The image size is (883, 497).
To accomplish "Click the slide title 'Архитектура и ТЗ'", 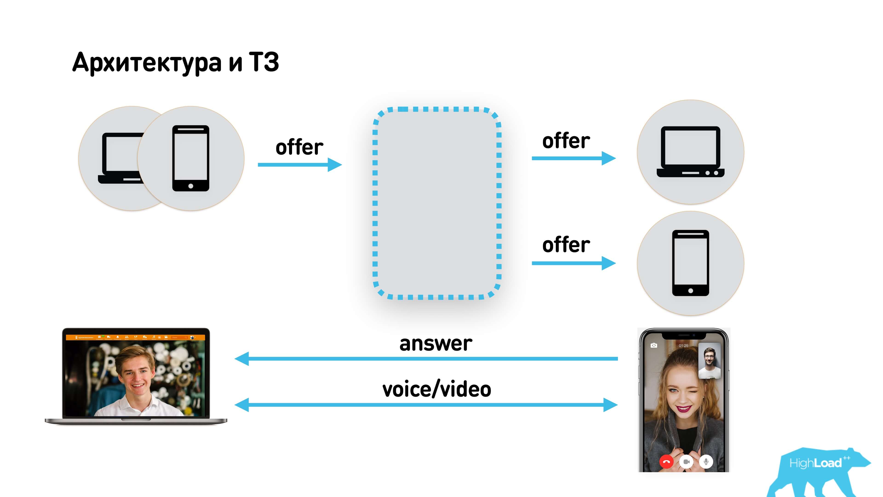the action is [x=175, y=63].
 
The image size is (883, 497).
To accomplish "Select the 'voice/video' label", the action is [x=437, y=389].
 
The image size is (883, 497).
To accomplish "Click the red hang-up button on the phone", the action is [x=666, y=462].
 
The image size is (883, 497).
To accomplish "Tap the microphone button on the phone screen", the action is [x=706, y=462].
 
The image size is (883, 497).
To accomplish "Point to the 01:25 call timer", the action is [x=683, y=346].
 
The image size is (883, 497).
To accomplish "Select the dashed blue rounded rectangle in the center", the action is [x=437, y=203].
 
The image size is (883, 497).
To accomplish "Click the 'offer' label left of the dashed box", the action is [x=299, y=147].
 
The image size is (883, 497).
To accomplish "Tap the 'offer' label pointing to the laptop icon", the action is [x=566, y=141].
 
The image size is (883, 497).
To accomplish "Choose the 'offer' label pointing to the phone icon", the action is [x=566, y=245].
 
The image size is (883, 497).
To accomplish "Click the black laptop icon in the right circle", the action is [x=690, y=152].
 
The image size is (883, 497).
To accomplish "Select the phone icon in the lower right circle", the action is [x=690, y=263].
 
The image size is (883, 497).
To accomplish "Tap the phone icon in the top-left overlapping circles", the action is [x=191, y=158].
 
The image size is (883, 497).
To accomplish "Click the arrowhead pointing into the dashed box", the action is [x=335, y=165].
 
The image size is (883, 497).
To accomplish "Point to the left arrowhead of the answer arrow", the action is [x=242, y=359].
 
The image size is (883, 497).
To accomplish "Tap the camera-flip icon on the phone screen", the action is [x=654, y=345].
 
